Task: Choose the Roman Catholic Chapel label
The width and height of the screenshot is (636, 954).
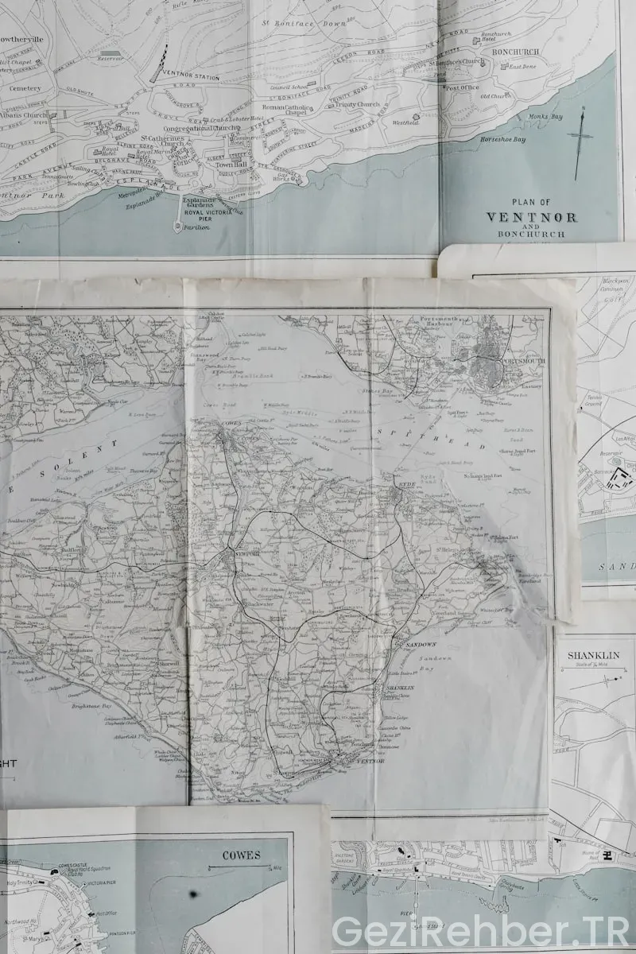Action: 285,110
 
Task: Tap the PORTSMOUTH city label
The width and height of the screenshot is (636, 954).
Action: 524,360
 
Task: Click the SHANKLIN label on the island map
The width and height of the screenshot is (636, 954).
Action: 400,688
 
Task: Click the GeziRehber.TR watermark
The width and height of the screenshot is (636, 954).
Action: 479,930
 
